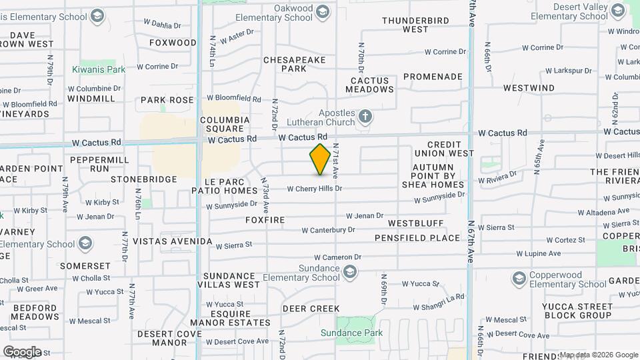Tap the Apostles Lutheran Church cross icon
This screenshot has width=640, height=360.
coord(365,117)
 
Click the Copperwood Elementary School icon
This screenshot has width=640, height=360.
coord(519,278)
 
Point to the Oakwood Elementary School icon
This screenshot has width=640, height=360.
coord(323,11)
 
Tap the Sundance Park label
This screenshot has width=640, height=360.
coord(361,333)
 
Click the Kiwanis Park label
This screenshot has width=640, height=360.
coord(99,69)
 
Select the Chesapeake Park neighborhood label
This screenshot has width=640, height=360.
coord(294,64)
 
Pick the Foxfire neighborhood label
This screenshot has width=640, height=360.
coord(265,220)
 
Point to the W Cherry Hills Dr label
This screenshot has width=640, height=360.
coord(315,189)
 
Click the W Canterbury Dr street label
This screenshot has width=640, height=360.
coord(328,230)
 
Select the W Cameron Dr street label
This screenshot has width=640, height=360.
coord(338,257)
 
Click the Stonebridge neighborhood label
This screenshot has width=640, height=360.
coord(144,179)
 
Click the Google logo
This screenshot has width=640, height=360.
coord(22,351)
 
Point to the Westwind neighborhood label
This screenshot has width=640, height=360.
coord(529,88)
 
